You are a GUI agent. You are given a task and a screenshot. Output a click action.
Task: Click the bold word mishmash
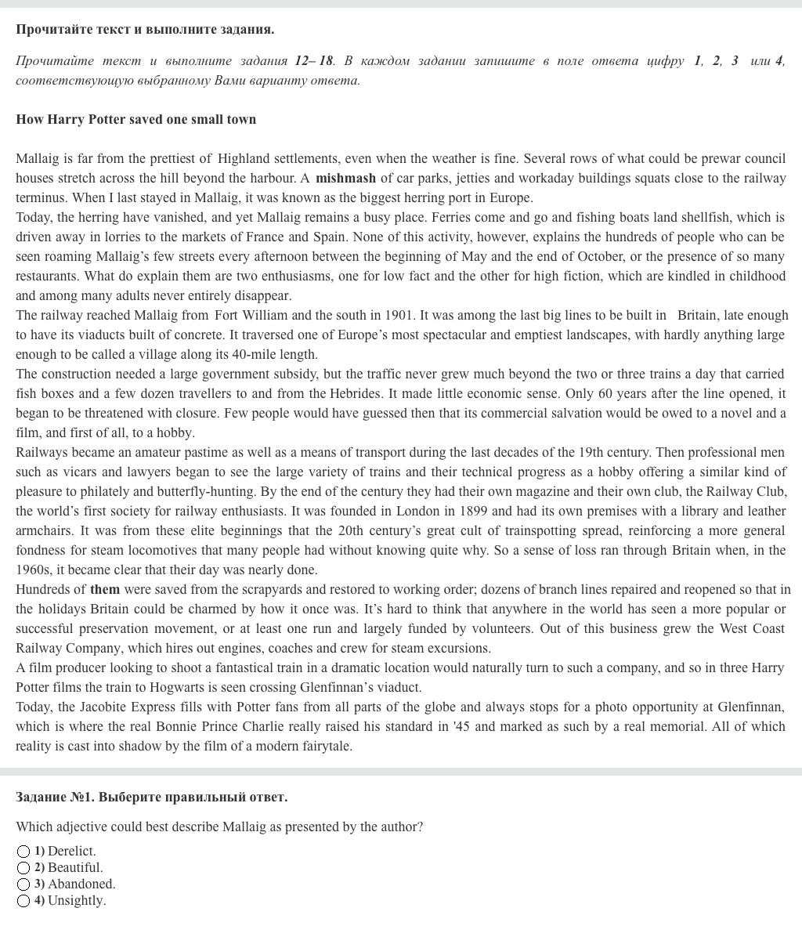345,178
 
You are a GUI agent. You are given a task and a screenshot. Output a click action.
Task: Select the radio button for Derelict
23,852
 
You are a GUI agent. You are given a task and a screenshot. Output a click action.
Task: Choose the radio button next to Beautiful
23,868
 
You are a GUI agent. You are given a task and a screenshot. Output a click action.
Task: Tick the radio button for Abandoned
23,884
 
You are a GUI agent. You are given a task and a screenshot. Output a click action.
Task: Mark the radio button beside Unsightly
23,901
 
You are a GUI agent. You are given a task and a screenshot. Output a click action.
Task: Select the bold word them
105,589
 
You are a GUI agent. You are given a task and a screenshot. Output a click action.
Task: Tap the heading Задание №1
55,797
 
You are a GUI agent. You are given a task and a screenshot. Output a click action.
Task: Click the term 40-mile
233,354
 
